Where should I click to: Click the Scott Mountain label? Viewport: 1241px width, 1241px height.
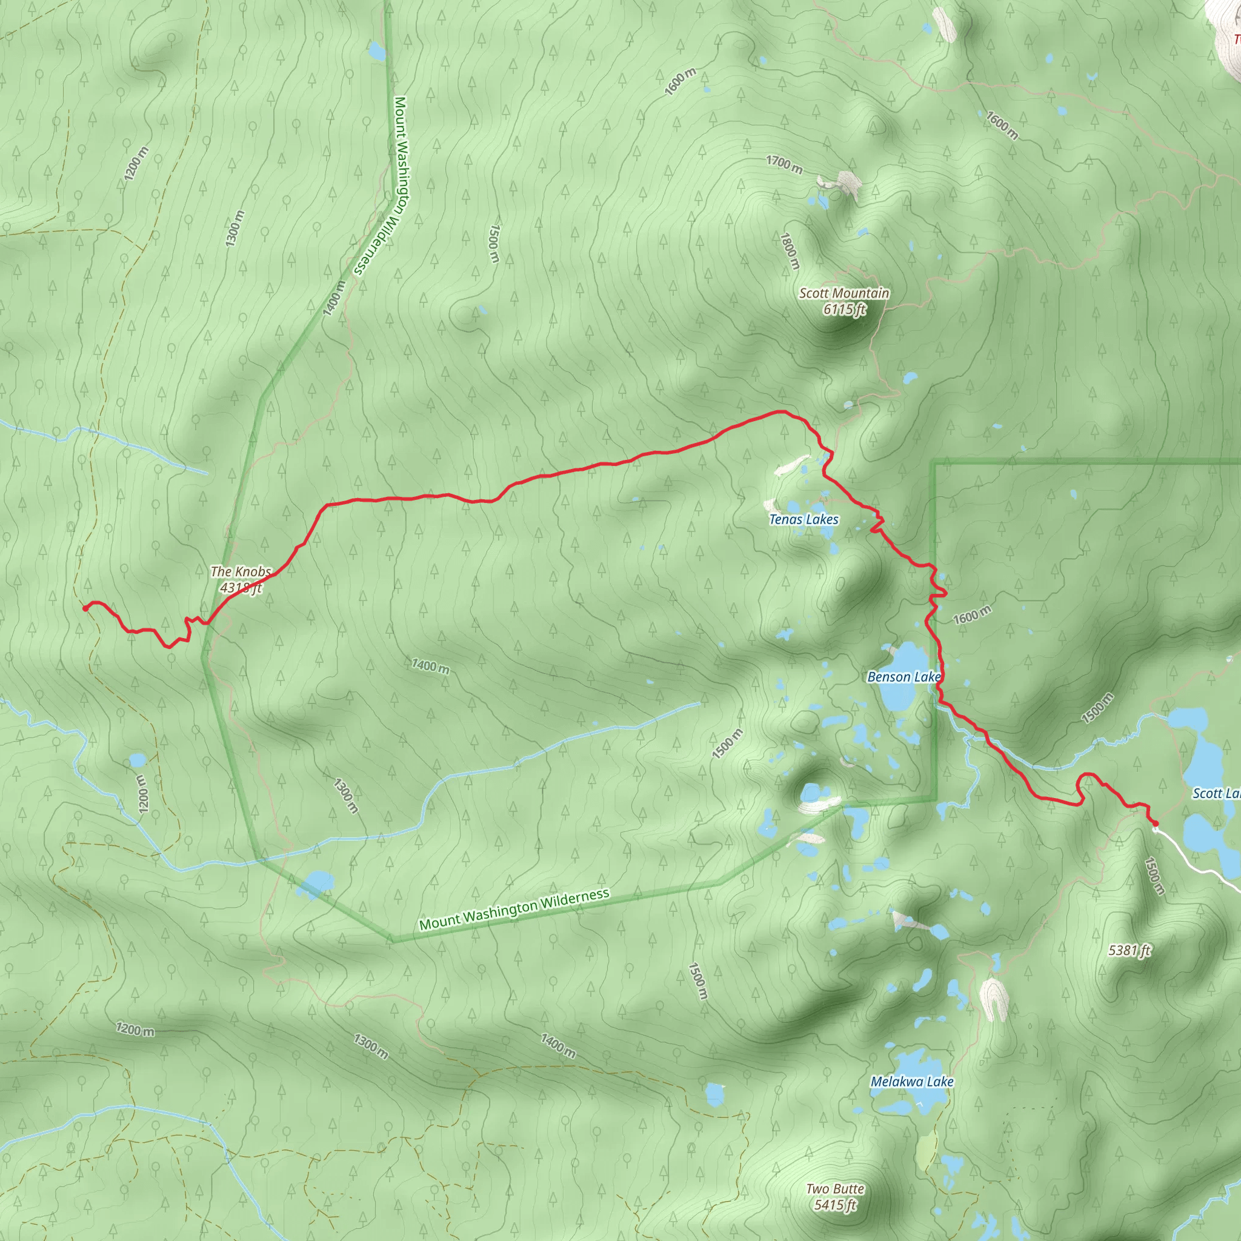[x=844, y=293]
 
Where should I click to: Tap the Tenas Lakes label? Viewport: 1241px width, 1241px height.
[x=803, y=520]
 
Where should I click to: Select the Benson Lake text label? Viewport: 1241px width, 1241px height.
[x=903, y=677]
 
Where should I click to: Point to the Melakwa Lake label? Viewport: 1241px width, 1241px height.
[x=911, y=1082]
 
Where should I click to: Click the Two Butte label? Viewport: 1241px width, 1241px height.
[x=835, y=1189]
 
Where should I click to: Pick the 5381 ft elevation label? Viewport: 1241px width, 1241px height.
[x=1130, y=950]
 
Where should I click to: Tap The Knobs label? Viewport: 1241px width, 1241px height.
[x=241, y=571]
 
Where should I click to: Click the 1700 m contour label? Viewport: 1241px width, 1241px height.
[x=784, y=164]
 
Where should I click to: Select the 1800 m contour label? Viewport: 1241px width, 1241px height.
[x=790, y=250]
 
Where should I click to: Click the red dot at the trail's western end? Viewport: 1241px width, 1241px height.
[x=85, y=608]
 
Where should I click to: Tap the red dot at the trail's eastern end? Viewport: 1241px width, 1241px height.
[x=1155, y=823]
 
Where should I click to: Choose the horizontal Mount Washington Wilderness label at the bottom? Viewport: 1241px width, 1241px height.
[x=514, y=910]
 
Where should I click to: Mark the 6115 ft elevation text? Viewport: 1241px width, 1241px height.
[x=844, y=310]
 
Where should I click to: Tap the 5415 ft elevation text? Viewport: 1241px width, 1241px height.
[x=835, y=1205]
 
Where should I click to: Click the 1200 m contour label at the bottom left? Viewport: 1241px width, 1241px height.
[x=135, y=1030]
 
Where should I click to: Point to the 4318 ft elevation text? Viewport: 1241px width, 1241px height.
[x=241, y=587]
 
